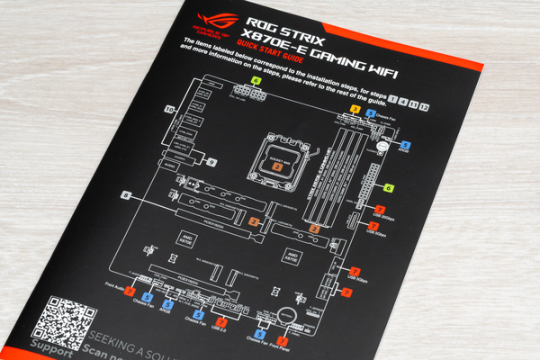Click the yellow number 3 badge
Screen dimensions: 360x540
(x=355, y=111)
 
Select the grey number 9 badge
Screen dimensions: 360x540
(x=211, y=162)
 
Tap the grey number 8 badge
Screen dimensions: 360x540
(x=126, y=195)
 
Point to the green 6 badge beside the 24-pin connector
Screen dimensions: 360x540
(x=389, y=188)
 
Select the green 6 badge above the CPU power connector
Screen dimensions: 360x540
(x=256, y=81)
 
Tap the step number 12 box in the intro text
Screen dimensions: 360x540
(x=423, y=108)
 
